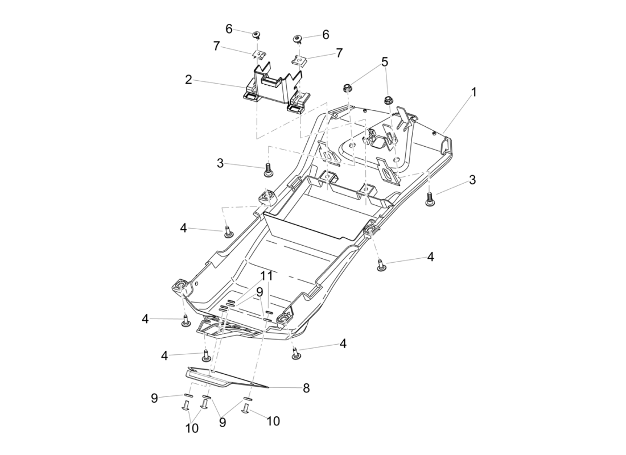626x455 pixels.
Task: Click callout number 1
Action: coord(473,91)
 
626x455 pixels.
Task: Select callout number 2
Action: coord(188,80)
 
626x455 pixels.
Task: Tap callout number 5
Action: coord(385,61)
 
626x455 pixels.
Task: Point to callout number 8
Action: coord(306,389)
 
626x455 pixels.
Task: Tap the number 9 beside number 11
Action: coord(259,291)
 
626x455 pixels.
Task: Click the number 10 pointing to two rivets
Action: coord(192,428)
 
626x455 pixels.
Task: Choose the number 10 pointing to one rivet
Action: coord(273,421)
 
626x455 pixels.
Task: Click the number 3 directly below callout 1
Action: coord(472,180)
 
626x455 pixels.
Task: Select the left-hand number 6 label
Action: coord(229,29)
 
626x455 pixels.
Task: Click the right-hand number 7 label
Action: coord(339,53)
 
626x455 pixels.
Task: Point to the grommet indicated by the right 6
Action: coord(297,39)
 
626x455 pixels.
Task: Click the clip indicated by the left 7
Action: coord(259,54)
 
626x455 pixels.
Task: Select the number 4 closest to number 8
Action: coord(343,344)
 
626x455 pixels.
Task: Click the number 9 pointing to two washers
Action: coord(223,423)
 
